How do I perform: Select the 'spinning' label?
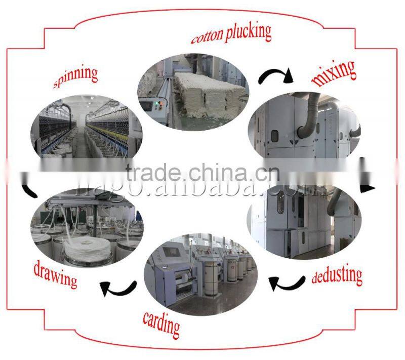[x=75, y=76]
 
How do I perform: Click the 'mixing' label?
[x=334, y=71]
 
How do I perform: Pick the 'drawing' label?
[x=55, y=273]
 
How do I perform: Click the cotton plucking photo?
[x=192, y=94]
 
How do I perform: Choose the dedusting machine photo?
[x=304, y=220]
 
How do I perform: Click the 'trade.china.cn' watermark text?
[x=202, y=173]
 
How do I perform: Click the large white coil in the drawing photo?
[x=83, y=248]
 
